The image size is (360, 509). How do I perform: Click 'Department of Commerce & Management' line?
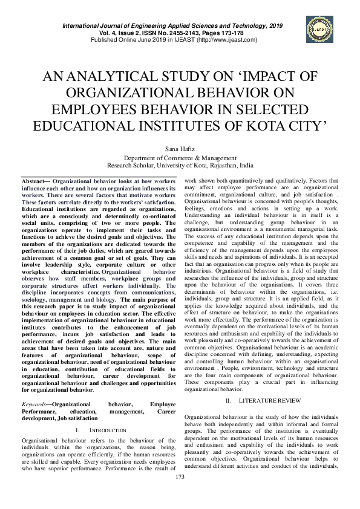[x=180, y=157]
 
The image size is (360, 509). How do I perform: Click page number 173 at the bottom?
[x=180, y=494]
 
